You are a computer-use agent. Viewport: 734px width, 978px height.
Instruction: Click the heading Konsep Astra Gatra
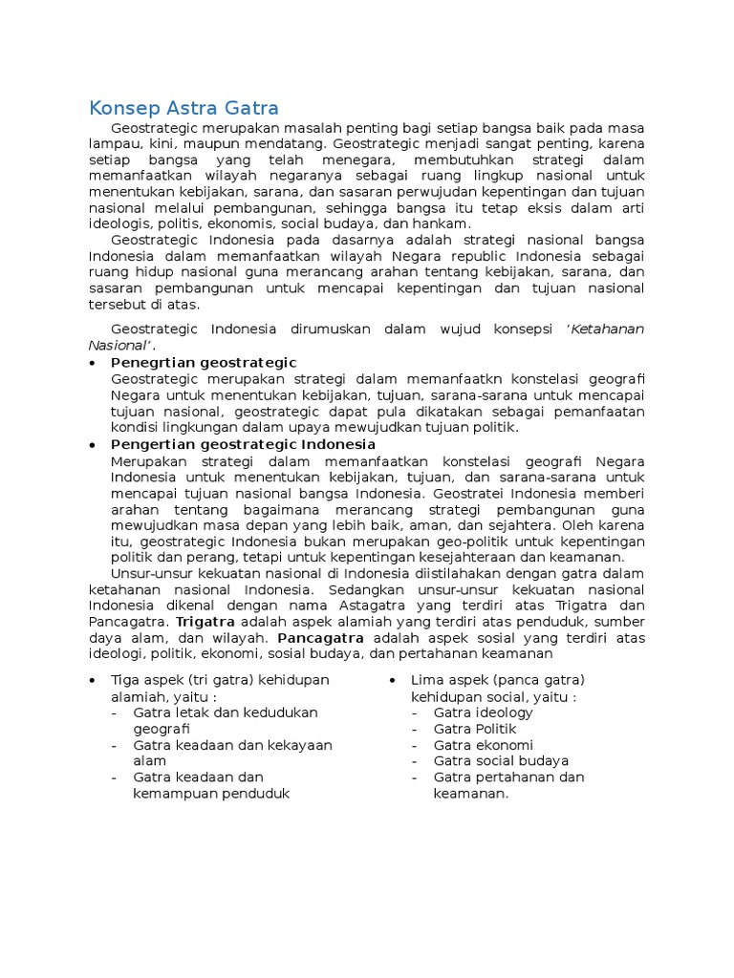(x=183, y=107)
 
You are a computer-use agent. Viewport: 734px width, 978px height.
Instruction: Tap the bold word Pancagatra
(x=319, y=637)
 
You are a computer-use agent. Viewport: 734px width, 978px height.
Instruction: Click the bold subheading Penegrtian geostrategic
(x=204, y=363)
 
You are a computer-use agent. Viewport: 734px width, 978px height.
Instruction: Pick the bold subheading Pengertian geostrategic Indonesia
(x=243, y=444)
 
